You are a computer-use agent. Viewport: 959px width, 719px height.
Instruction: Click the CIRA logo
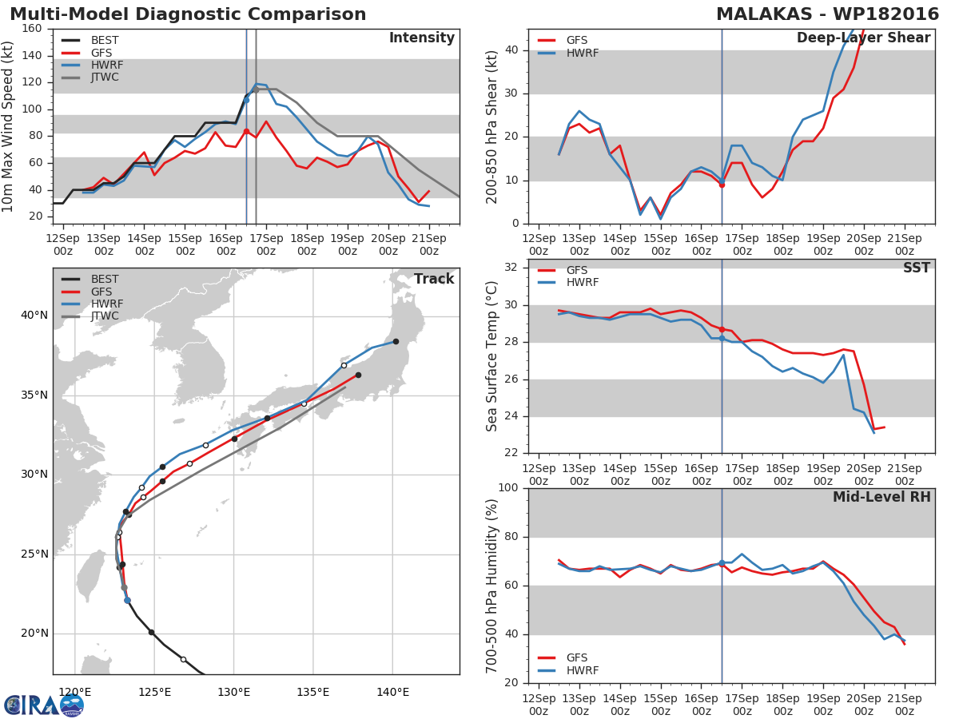tap(43, 705)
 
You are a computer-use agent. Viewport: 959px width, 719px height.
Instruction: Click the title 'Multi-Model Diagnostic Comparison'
tap(188, 14)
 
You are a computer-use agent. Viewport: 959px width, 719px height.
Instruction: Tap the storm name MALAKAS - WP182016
tap(827, 14)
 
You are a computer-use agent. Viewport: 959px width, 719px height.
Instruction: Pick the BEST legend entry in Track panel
tap(90, 279)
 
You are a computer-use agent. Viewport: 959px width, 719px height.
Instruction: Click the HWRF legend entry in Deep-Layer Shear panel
tap(568, 53)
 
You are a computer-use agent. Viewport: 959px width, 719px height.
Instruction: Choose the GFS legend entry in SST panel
tap(563, 270)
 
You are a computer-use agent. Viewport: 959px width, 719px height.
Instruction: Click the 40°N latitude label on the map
tap(34, 316)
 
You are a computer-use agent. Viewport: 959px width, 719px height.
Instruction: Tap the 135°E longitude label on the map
tap(313, 692)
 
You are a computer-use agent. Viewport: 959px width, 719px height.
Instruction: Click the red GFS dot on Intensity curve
tap(246, 131)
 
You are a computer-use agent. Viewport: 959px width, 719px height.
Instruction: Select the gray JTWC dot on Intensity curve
tap(256, 90)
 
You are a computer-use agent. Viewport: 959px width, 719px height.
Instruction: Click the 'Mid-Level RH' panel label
tap(881, 497)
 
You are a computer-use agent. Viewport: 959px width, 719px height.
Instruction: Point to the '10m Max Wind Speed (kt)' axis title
tap(7, 126)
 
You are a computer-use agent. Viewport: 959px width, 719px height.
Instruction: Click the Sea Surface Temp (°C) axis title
tap(491, 356)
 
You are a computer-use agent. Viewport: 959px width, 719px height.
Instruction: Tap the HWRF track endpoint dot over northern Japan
tap(396, 341)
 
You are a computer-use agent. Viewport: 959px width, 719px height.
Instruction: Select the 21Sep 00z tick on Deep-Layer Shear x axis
tap(905, 244)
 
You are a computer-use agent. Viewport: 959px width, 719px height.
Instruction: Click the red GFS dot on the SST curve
tap(722, 330)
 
